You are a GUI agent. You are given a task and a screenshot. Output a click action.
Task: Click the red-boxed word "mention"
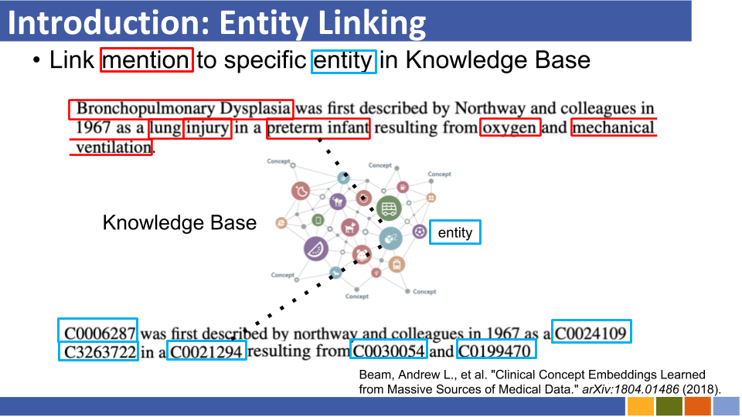[x=146, y=60]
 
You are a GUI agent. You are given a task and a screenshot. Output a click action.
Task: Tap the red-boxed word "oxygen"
[x=509, y=128]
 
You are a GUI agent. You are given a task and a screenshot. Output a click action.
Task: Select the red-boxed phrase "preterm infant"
[x=318, y=127]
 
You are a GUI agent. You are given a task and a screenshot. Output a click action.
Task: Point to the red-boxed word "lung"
[x=165, y=128]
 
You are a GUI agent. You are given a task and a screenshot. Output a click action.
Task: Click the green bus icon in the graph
[x=389, y=208]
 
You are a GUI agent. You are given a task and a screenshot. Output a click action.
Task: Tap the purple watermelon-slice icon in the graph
[x=315, y=249]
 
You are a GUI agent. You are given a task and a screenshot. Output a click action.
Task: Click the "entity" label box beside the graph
[x=454, y=232]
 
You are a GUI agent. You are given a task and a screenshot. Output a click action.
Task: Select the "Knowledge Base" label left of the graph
[x=179, y=222]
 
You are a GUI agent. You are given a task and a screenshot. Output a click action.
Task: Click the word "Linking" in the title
[x=372, y=23]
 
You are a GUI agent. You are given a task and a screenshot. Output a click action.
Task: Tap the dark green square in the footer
[x=669, y=407]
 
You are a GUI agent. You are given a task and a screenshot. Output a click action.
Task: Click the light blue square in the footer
[x=726, y=407]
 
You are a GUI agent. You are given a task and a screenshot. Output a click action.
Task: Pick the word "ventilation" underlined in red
[x=114, y=147]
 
